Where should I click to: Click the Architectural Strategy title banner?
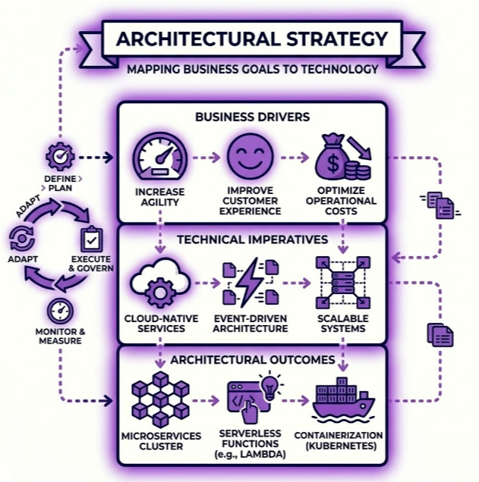tap(251, 39)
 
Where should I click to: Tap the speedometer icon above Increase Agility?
tap(159, 158)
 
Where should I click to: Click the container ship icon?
tap(342, 399)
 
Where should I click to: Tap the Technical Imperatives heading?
tap(252, 239)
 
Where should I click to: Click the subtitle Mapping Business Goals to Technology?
tap(252, 69)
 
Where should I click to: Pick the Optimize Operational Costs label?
tap(342, 201)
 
